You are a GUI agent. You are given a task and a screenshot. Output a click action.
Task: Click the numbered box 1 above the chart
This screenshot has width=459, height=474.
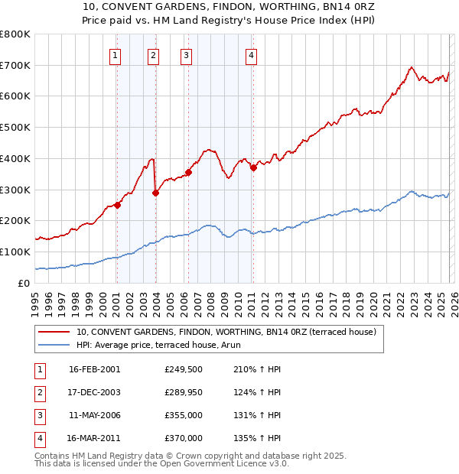pos(115,54)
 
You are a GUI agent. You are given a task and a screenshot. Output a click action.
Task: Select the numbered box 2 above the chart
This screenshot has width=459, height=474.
pos(153,54)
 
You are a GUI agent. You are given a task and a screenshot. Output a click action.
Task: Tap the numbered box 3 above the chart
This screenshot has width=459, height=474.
pos(186,54)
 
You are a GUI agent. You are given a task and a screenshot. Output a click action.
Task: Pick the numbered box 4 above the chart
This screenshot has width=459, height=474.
pos(251,54)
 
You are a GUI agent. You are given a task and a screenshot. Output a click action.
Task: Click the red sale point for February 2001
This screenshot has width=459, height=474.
pos(118,205)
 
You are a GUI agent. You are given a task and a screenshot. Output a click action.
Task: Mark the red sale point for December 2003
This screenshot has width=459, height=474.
pos(155,193)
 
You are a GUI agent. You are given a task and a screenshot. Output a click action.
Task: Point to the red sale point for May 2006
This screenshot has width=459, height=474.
pos(188,172)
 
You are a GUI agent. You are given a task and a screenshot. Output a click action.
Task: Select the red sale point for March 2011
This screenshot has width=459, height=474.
pos(253,167)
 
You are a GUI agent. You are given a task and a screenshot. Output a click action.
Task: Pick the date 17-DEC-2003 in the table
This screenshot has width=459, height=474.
pos(94,392)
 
